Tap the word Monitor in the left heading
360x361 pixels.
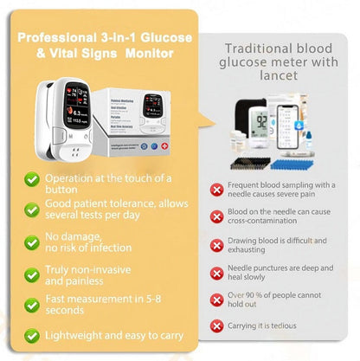(150, 55)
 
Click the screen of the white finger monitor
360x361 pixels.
(67, 113)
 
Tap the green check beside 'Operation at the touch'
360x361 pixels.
(31, 178)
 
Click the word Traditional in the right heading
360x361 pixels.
(251, 49)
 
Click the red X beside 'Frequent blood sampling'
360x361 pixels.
(217, 188)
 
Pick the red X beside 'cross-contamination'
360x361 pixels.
(217, 216)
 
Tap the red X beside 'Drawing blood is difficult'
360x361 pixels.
(217, 244)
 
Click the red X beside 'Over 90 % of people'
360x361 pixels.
(217, 300)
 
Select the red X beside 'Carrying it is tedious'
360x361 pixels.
(217, 326)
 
